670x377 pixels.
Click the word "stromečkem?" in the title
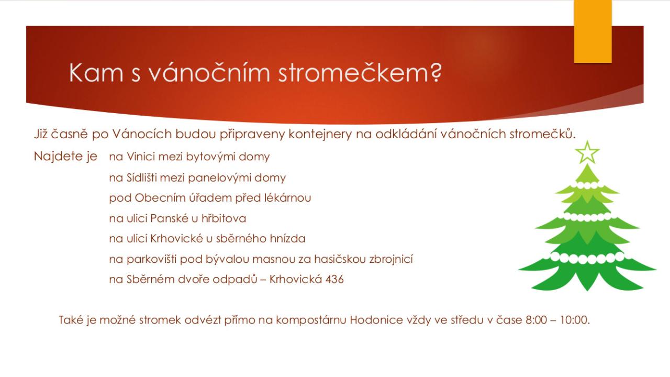coord(360,73)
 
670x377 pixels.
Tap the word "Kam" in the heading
coord(96,73)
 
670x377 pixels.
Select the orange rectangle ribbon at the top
coord(593,31)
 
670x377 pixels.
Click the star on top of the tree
coord(587,152)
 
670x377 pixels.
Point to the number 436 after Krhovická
coord(334,279)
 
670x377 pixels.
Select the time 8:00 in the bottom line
coord(537,320)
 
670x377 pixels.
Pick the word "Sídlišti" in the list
coord(142,178)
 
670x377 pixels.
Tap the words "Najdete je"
coord(65,157)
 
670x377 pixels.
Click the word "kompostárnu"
coord(311,320)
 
